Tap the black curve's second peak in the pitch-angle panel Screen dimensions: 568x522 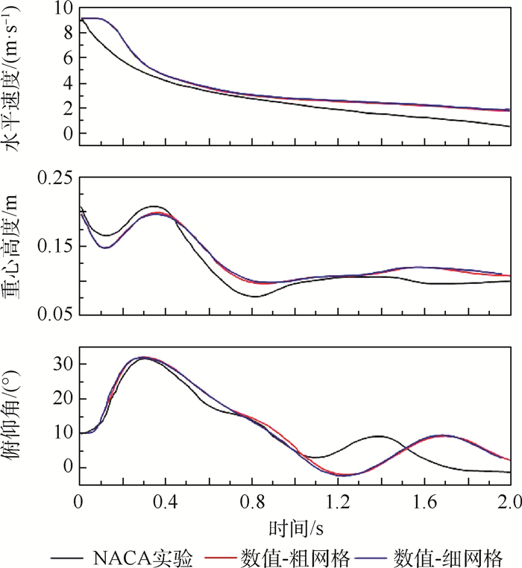click(378, 436)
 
